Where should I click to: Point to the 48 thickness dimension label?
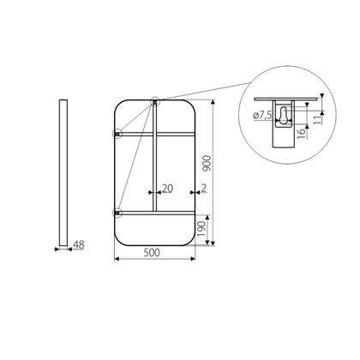(x=76, y=246)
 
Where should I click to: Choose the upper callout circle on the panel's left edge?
(x=117, y=134)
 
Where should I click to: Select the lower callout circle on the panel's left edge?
(x=117, y=211)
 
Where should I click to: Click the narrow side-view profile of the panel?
(x=63, y=171)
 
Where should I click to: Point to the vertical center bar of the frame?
(x=154, y=171)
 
